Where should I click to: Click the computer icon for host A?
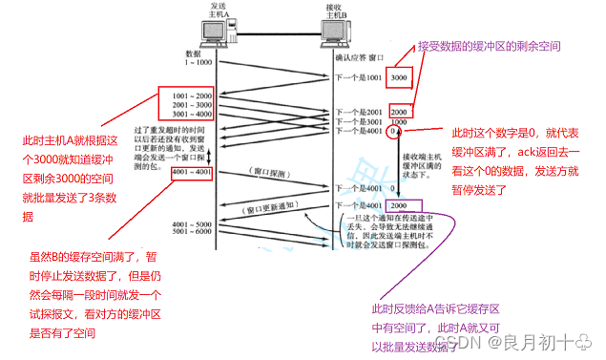(x=219, y=30)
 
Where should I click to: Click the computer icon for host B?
(x=332, y=30)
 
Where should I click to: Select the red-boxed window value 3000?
(x=399, y=76)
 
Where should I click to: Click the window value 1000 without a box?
(x=399, y=122)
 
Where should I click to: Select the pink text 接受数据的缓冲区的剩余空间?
(x=489, y=46)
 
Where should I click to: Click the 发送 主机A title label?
(x=219, y=10)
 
